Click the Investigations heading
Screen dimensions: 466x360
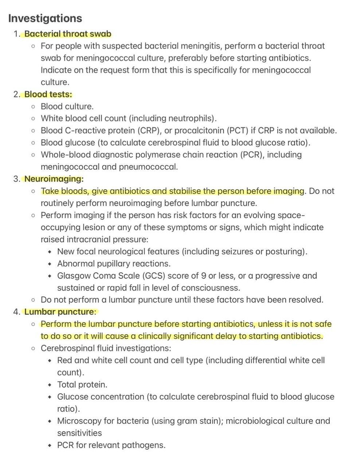45,18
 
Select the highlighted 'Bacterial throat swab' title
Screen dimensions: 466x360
68,34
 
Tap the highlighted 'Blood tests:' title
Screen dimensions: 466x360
48,94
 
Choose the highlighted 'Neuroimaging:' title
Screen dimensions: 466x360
54,179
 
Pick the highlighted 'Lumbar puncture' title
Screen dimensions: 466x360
59,312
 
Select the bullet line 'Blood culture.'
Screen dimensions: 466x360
67,106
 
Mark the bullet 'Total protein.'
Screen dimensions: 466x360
82,384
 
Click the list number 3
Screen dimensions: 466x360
16,179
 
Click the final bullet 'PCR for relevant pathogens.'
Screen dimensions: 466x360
111,445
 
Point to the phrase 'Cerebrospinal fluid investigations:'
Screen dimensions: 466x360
106,348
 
